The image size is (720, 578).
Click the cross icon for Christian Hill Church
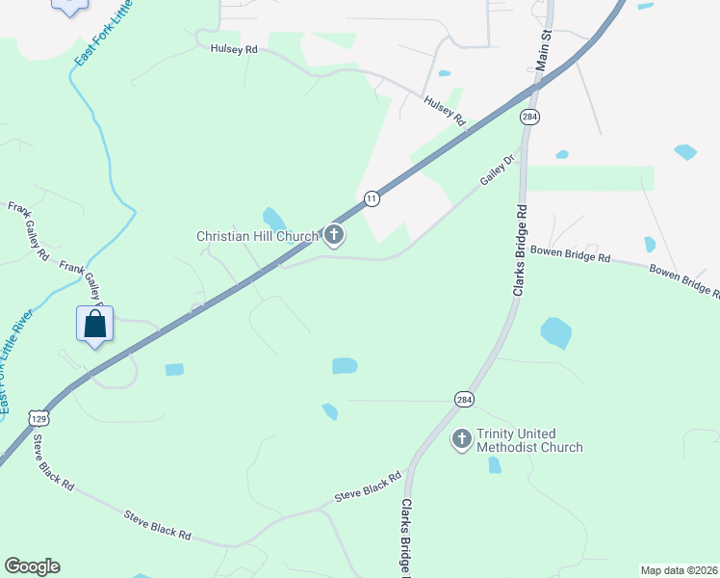tap(334, 235)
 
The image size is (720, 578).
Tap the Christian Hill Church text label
tap(257, 236)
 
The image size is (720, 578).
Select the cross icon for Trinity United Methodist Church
tap(462, 439)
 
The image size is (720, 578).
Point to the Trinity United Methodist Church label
tap(529, 440)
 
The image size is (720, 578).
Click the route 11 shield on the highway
tap(372, 198)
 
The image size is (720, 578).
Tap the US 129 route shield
tap(39, 418)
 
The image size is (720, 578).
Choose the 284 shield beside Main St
tap(528, 117)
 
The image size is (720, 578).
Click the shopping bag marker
tap(95, 325)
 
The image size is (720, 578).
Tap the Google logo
tap(32, 566)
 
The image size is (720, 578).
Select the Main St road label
tap(543, 47)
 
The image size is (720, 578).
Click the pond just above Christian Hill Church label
tap(273, 218)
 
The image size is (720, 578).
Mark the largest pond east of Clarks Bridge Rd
tap(555, 332)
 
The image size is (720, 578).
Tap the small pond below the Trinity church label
tap(495, 465)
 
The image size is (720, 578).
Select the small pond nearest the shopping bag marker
tap(173, 369)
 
